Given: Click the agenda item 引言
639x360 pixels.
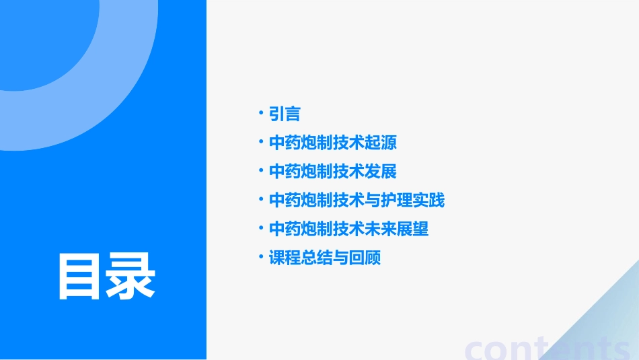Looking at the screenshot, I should click(285, 114).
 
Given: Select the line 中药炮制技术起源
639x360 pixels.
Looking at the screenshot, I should click(333, 143).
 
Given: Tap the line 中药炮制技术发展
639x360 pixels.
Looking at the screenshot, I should click(333, 172).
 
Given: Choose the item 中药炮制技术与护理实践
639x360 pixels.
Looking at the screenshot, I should click(356, 201).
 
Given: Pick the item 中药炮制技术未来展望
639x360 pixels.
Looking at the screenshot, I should click(348, 229).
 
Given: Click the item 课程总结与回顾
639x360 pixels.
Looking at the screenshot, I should click(325, 258).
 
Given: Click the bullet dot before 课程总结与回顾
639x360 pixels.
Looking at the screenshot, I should click(261, 257).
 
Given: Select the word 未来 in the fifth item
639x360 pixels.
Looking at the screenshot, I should click(381, 229).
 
